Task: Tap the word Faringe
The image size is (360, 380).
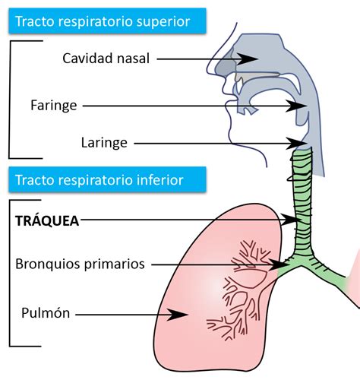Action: (x=54, y=106)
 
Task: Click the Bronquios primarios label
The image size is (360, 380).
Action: (x=81, y=264)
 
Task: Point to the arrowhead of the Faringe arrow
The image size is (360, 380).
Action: (x=302, y=106)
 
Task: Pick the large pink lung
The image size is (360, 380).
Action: (x=190, y=289)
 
